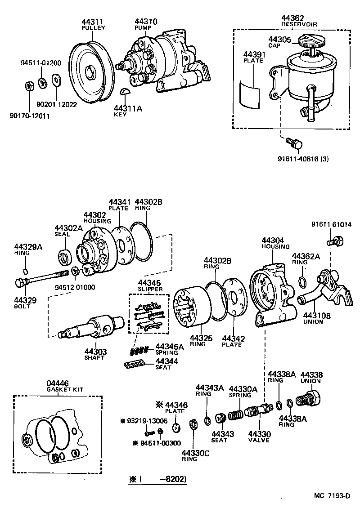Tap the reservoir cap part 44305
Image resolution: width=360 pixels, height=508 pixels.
pyautogui.click(x=311, y=42)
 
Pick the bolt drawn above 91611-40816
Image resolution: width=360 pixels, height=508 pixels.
pyautogui.click(x=294, y=143)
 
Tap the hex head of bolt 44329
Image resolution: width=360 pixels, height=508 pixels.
pyautogui.click(x=20, y=283)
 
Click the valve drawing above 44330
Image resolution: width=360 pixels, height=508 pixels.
pyautogui.click(x=258, y=411)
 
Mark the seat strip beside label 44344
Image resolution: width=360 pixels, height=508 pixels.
pyautogui.click(x=135, y=363)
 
